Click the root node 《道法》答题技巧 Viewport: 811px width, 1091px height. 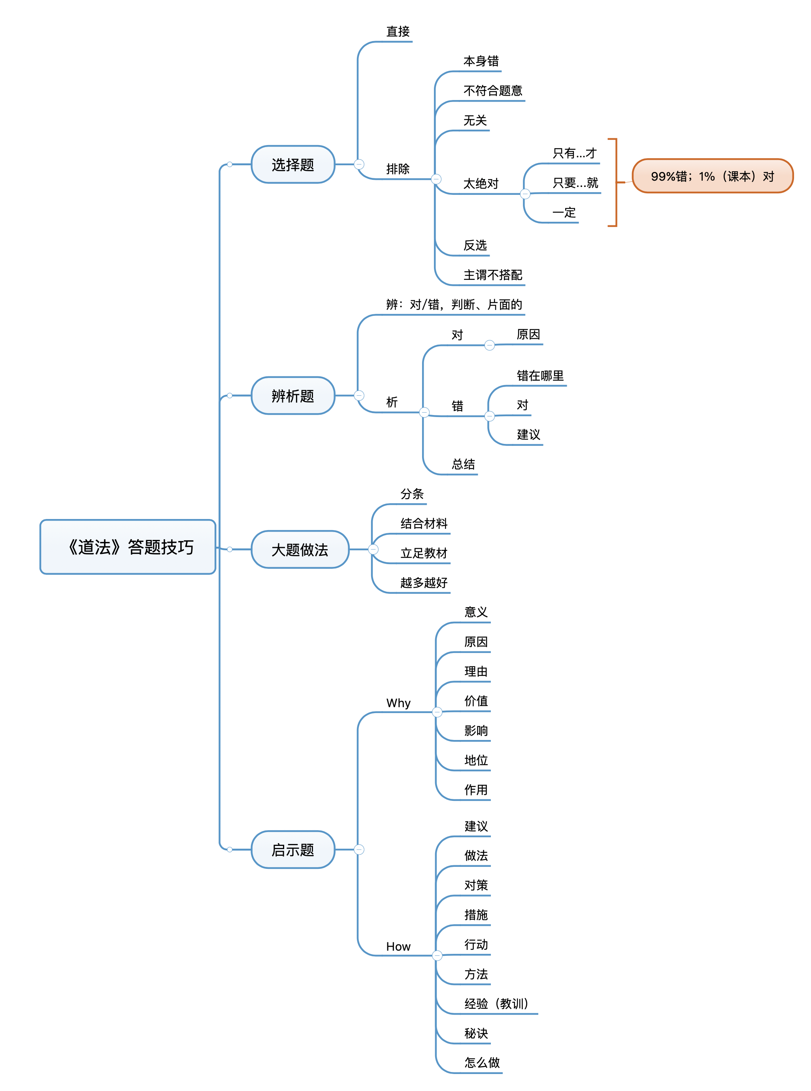tap(128, 546)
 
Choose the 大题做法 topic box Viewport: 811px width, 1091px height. tap(300, 549)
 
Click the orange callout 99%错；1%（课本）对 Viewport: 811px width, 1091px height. tap(712, 176)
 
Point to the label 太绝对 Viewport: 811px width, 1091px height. tap(481, 184)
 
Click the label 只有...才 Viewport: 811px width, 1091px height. tap(574, 153)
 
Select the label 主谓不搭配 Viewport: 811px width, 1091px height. tap(492, 275)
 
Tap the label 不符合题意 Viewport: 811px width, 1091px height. tap(492, 91)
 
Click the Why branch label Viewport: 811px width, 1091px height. tap(398, 703)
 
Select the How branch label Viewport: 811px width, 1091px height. tap(398, 946)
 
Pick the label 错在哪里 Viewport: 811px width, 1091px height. tap(540, 376)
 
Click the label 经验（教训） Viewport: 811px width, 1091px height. tap(496, 1004)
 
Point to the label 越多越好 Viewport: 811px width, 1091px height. tap(424, 583)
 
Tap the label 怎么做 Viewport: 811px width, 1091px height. tap(482, 1063)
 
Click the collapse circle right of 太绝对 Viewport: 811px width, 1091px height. tap(525, 194)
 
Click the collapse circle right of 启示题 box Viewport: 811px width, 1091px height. tap(359, 849)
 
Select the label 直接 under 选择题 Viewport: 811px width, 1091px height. tap(398, 31)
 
